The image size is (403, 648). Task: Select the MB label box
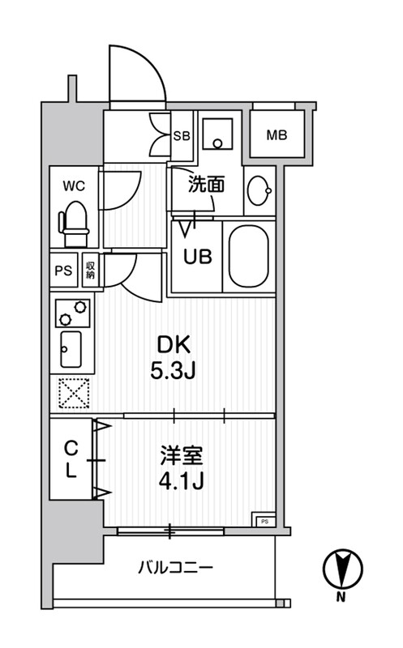click(277, 134)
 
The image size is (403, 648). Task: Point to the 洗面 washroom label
click(207, 185)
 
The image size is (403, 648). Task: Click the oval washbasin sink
click(259, 191)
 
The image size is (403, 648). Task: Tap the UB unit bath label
click(197, 256)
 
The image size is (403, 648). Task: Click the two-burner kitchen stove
click(71, 309)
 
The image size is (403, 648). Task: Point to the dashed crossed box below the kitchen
click(73, 394)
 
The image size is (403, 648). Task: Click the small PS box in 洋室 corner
click(264, 520)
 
